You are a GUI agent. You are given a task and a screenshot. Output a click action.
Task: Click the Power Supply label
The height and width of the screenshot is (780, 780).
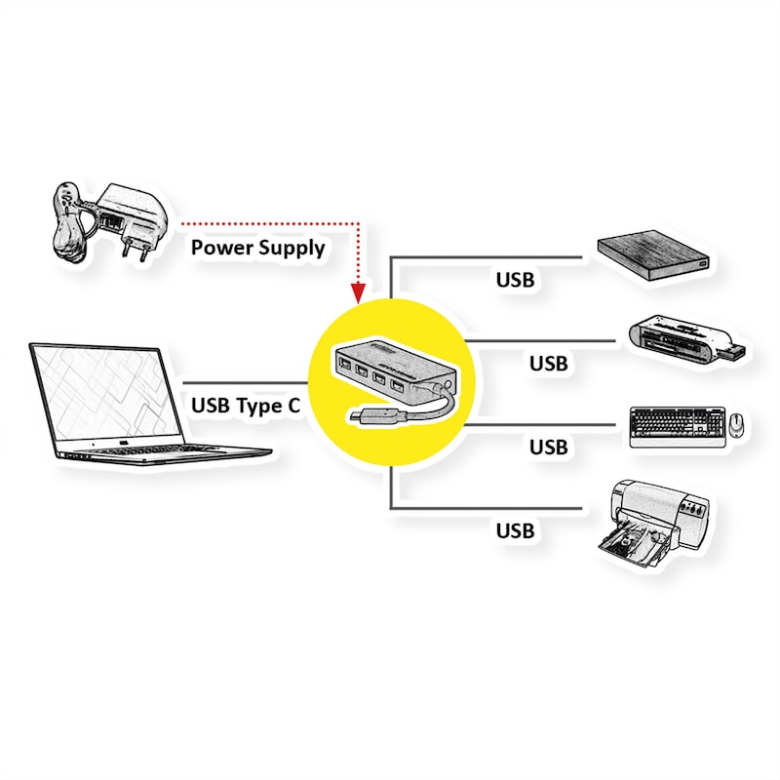coord(257,247)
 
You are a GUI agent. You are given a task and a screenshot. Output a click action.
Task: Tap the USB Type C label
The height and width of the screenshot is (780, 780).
coord(246,406)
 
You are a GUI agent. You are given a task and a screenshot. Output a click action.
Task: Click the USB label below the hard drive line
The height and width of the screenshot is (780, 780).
coord(515,280)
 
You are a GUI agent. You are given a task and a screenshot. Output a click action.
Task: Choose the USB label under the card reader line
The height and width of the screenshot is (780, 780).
coord(548,364)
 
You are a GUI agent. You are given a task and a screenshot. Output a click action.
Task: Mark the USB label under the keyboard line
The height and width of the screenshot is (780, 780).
coord(548,448)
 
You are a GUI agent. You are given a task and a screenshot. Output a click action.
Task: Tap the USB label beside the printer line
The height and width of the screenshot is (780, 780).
coord(515,531)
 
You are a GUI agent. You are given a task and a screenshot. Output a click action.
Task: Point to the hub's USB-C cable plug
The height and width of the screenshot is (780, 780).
coord(362,418)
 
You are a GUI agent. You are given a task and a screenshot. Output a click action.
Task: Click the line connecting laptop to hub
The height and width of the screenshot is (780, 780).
coord(244,382)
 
